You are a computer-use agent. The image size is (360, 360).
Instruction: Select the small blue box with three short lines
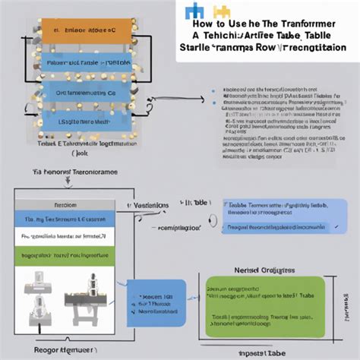[154, 302]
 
